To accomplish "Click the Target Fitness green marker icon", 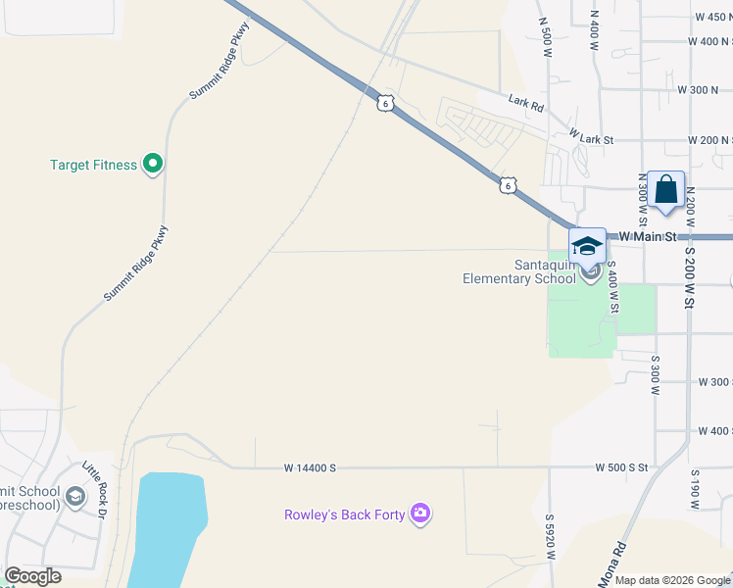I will point(152,165).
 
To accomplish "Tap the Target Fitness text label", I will point(93,165).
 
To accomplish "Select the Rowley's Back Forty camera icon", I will point(421,514).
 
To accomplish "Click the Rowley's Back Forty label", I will point(344,514).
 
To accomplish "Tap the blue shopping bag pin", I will point(665,190).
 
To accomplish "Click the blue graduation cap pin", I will point(587,245).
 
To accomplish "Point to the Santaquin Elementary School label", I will point(519,271).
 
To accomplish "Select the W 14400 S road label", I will point(310,468).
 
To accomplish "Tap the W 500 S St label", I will point(621,468).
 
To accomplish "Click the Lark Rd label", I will point(526,101).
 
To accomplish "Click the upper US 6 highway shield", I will point(386,103).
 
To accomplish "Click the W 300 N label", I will point(698,89).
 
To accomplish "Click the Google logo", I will point(33,576).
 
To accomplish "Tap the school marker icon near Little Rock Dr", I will point(75,497).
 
